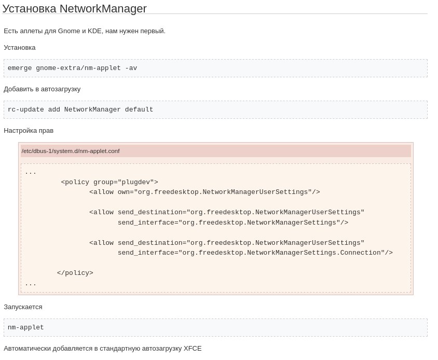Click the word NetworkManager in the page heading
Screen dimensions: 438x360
pyautogui.click(x=103, y=8)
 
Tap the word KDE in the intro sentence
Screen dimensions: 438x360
pyautogui.click(x=94, y=31)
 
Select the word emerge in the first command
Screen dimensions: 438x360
pyautogui.click(x=20, y=68)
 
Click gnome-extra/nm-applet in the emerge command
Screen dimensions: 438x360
pyautogui.click(x=78, y=68)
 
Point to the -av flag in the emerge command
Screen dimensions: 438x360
pyautogui.click(x=131, y=68)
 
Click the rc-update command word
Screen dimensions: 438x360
pyautogui.click(x=26, y=109)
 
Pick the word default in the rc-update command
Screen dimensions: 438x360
pyautogui.click(x=139, y=109)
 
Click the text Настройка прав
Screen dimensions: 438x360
pyautogui.click(x=29, y=131)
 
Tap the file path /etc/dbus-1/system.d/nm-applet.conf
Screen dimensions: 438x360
pyautogui.click(x=71, y=151)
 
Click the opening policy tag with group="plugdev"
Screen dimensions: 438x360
pyautogui.click(x=109, y=182)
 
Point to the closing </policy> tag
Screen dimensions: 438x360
pyautogui.click(x=75, y=273)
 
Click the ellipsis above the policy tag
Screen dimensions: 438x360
pyautogui.click(x=31, y=173)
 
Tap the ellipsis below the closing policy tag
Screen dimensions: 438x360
pyautogui.click(x=31, y=285)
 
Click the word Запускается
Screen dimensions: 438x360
pyautogui.click(x=23, y=307)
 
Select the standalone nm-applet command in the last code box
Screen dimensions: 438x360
pyautogui.click(x=26, y=327)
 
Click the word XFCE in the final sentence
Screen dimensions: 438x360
pyautogui.click(x=193, y=349)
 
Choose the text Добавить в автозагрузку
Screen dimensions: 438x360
pyautogui.click(x=42, y=89)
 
